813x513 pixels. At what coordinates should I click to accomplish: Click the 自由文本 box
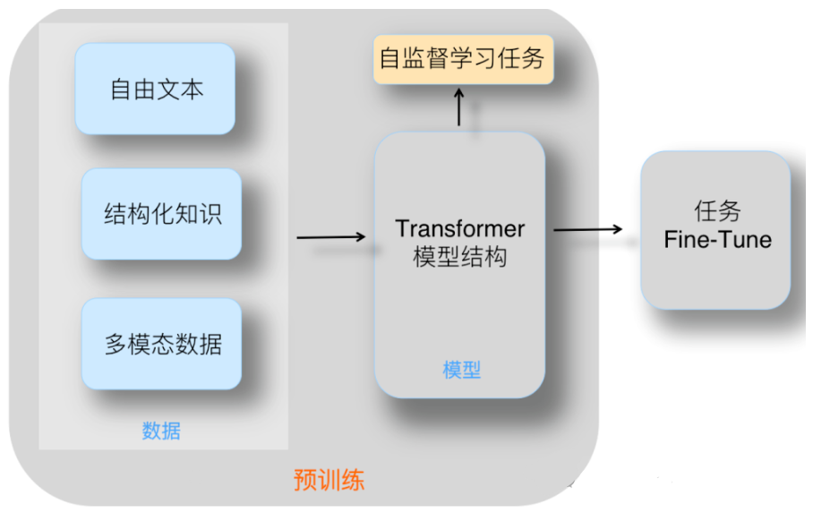(x=155, y=89)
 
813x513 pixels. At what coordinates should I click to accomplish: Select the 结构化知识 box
(x=162, y=214)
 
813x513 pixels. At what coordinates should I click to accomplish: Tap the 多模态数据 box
(x=162, y=344)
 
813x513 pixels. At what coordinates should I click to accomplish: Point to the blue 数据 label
(x=161, y=431)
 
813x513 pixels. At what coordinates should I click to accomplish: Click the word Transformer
(x=459, y=228)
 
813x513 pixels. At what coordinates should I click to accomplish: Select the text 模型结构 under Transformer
(x=459, y=257)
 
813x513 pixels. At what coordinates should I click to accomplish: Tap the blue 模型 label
(x=462, y=371)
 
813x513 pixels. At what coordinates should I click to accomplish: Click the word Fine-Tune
(x=717, y=239)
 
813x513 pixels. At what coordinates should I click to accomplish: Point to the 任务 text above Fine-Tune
(x=717, y=211)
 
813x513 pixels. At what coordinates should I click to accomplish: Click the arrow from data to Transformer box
(x=330, y=237)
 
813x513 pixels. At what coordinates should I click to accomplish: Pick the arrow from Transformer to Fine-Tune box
(x=587, y=230)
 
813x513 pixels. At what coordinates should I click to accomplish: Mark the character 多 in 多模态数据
(x=116, y=345)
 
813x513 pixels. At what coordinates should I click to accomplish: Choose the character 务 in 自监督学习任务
(x=534, y=60)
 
